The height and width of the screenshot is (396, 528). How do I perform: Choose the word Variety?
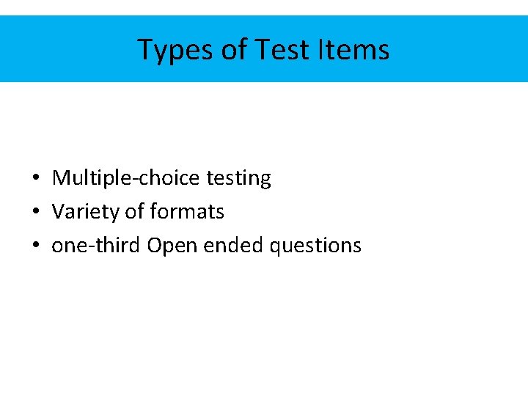click(86, 212)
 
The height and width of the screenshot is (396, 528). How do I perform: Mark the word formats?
click(187, 212)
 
